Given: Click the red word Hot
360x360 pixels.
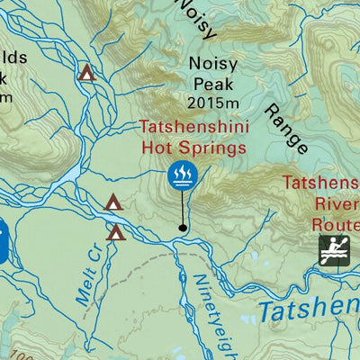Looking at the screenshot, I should point(156,146).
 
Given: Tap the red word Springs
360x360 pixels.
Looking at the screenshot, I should point(202,147).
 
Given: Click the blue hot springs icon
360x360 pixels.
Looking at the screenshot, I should point(183,175).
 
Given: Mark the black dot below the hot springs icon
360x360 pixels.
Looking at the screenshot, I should point(184,228).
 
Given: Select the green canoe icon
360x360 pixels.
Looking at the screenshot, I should point(335,250).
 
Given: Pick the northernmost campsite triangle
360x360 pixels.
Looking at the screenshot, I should point(86,72).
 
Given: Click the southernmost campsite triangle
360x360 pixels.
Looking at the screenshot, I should point(116,233).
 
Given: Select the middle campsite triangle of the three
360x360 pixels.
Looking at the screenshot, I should point(113,203).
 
